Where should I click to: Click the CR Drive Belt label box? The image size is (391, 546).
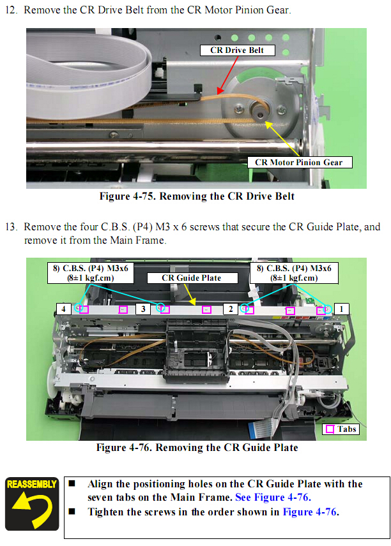[237, 50]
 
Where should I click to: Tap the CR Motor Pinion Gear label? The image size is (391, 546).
[299, 162]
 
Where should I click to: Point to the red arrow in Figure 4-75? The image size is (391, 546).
[227, 75]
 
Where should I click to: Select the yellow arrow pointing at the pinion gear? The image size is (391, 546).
[282, 138]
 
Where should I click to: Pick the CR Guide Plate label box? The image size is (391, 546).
[192, 278]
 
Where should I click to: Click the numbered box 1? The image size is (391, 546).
[341, 309]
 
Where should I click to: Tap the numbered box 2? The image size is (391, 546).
[231, 309]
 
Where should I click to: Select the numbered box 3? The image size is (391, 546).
[143, 309]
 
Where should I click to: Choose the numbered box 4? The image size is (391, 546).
[63, 309]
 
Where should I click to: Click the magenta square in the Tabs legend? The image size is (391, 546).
[330, 429]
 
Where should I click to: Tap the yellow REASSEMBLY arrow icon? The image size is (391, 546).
[32, 504]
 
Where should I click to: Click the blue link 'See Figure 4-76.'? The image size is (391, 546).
[273, 498]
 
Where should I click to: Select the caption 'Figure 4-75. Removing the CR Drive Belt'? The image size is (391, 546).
[197, 196]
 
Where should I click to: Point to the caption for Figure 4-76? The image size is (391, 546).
[197, 448]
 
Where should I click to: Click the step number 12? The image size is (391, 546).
[11, 10]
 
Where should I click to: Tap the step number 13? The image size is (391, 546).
[11, 227]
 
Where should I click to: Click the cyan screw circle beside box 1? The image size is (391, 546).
[327, 309]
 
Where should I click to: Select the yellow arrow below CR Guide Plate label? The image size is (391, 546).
[190, 294]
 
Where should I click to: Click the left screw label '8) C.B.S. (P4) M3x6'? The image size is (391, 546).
[91, 269]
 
